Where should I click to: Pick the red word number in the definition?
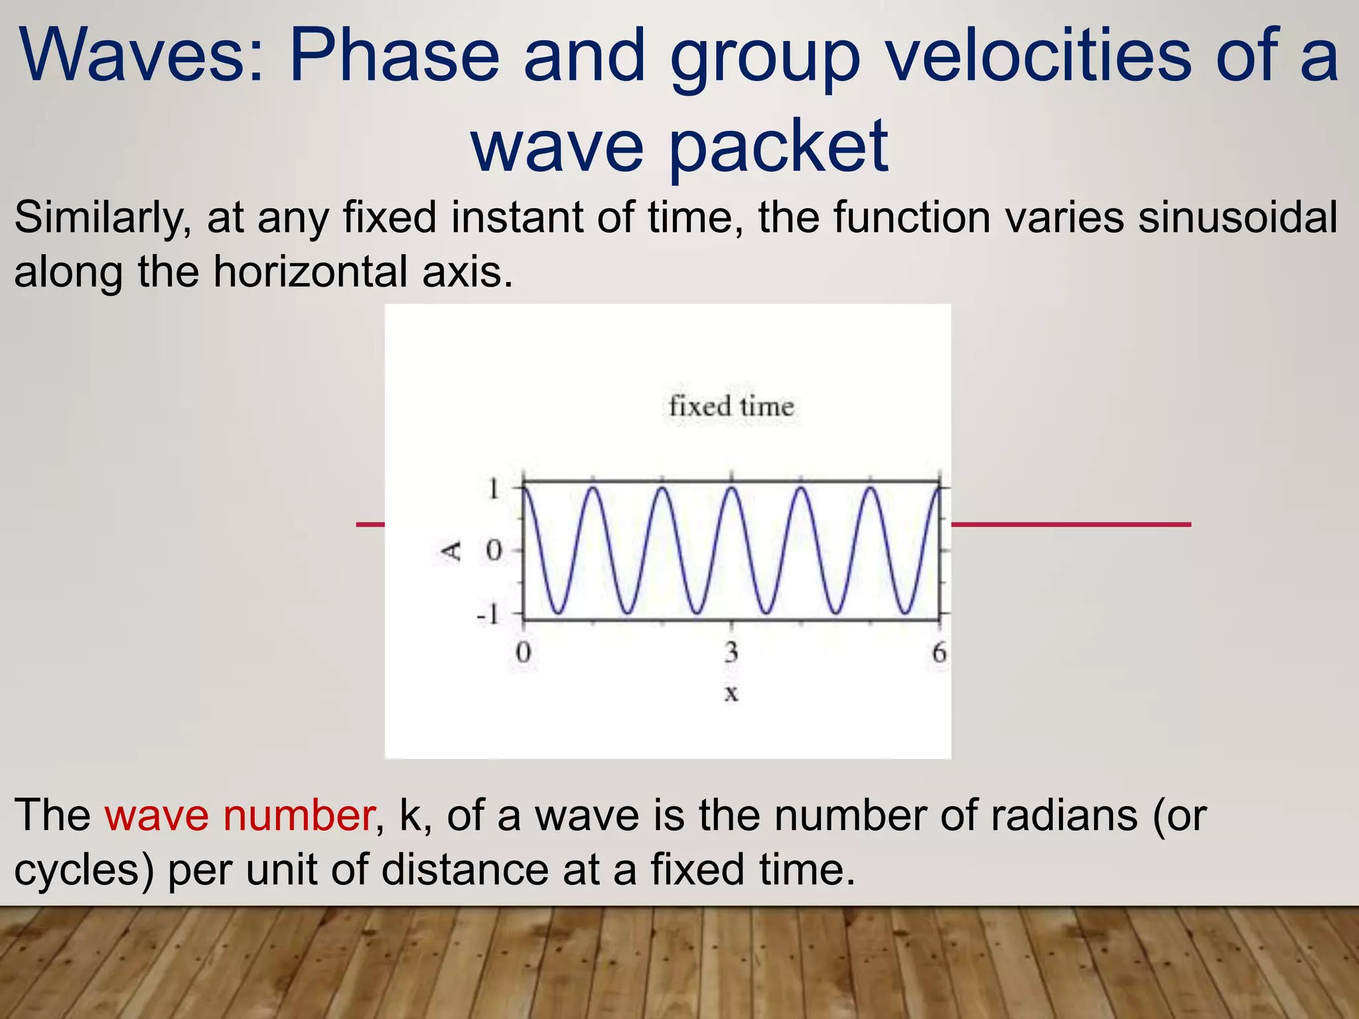click(298, 815)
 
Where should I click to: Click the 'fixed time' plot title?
click(731, 406)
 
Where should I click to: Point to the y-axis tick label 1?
click(493, 490)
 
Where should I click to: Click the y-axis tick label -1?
click(488, 616)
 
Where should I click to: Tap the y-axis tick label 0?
click(493, 551)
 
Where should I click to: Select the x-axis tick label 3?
click(731, 653)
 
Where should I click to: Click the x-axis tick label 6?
click(938, 653)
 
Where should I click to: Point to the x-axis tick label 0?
click(524, 653)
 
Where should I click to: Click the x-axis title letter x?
click(731, 693)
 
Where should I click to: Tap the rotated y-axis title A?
click(452, 551)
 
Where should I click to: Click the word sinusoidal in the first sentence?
click(1238, 218)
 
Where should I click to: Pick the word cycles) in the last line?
click(84, 870)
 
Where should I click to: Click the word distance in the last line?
click(465, 869)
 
